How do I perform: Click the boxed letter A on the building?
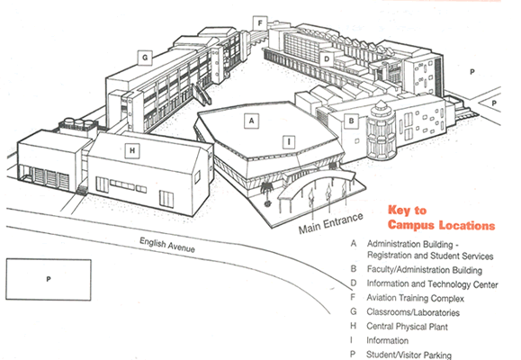[252, 121]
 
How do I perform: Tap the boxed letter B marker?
[351, 121]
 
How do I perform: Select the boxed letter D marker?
[327, 59]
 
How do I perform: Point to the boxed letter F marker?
[260, 23]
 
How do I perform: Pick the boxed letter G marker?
[145, 58]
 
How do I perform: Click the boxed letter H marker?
[132, 150]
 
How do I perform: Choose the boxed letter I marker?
[289, 142]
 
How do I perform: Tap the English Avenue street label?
[167, 245]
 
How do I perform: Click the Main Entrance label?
[330, 223]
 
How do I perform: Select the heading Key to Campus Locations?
[441, 218]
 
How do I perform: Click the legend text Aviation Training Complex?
[415, 298]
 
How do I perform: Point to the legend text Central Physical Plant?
[407, 327]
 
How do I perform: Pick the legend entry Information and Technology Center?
[432, 284]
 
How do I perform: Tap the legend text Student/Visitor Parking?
[409, 355]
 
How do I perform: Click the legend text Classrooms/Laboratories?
[413, 312]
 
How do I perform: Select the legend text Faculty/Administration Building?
[425, 270]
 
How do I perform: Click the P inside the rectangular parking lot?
[49, 279]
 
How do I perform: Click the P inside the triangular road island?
[494, 103]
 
